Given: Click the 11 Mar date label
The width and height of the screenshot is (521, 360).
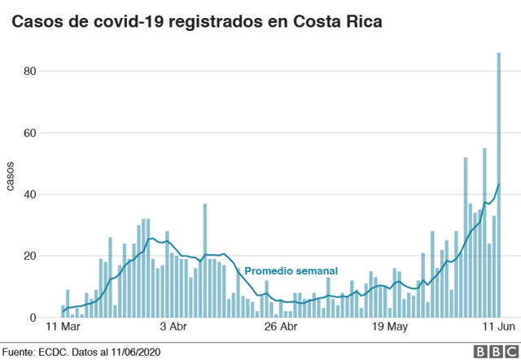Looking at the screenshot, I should pyautogui.click(x=62, y=327).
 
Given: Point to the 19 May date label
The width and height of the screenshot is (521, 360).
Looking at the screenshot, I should pyautogui.click(x=388, y=327).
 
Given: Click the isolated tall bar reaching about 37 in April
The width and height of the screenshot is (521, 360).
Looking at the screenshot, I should pyautogui.click(x=205, y=261).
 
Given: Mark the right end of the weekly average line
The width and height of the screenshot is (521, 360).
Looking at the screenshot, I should pyautogui.click(x=498, y=184).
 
